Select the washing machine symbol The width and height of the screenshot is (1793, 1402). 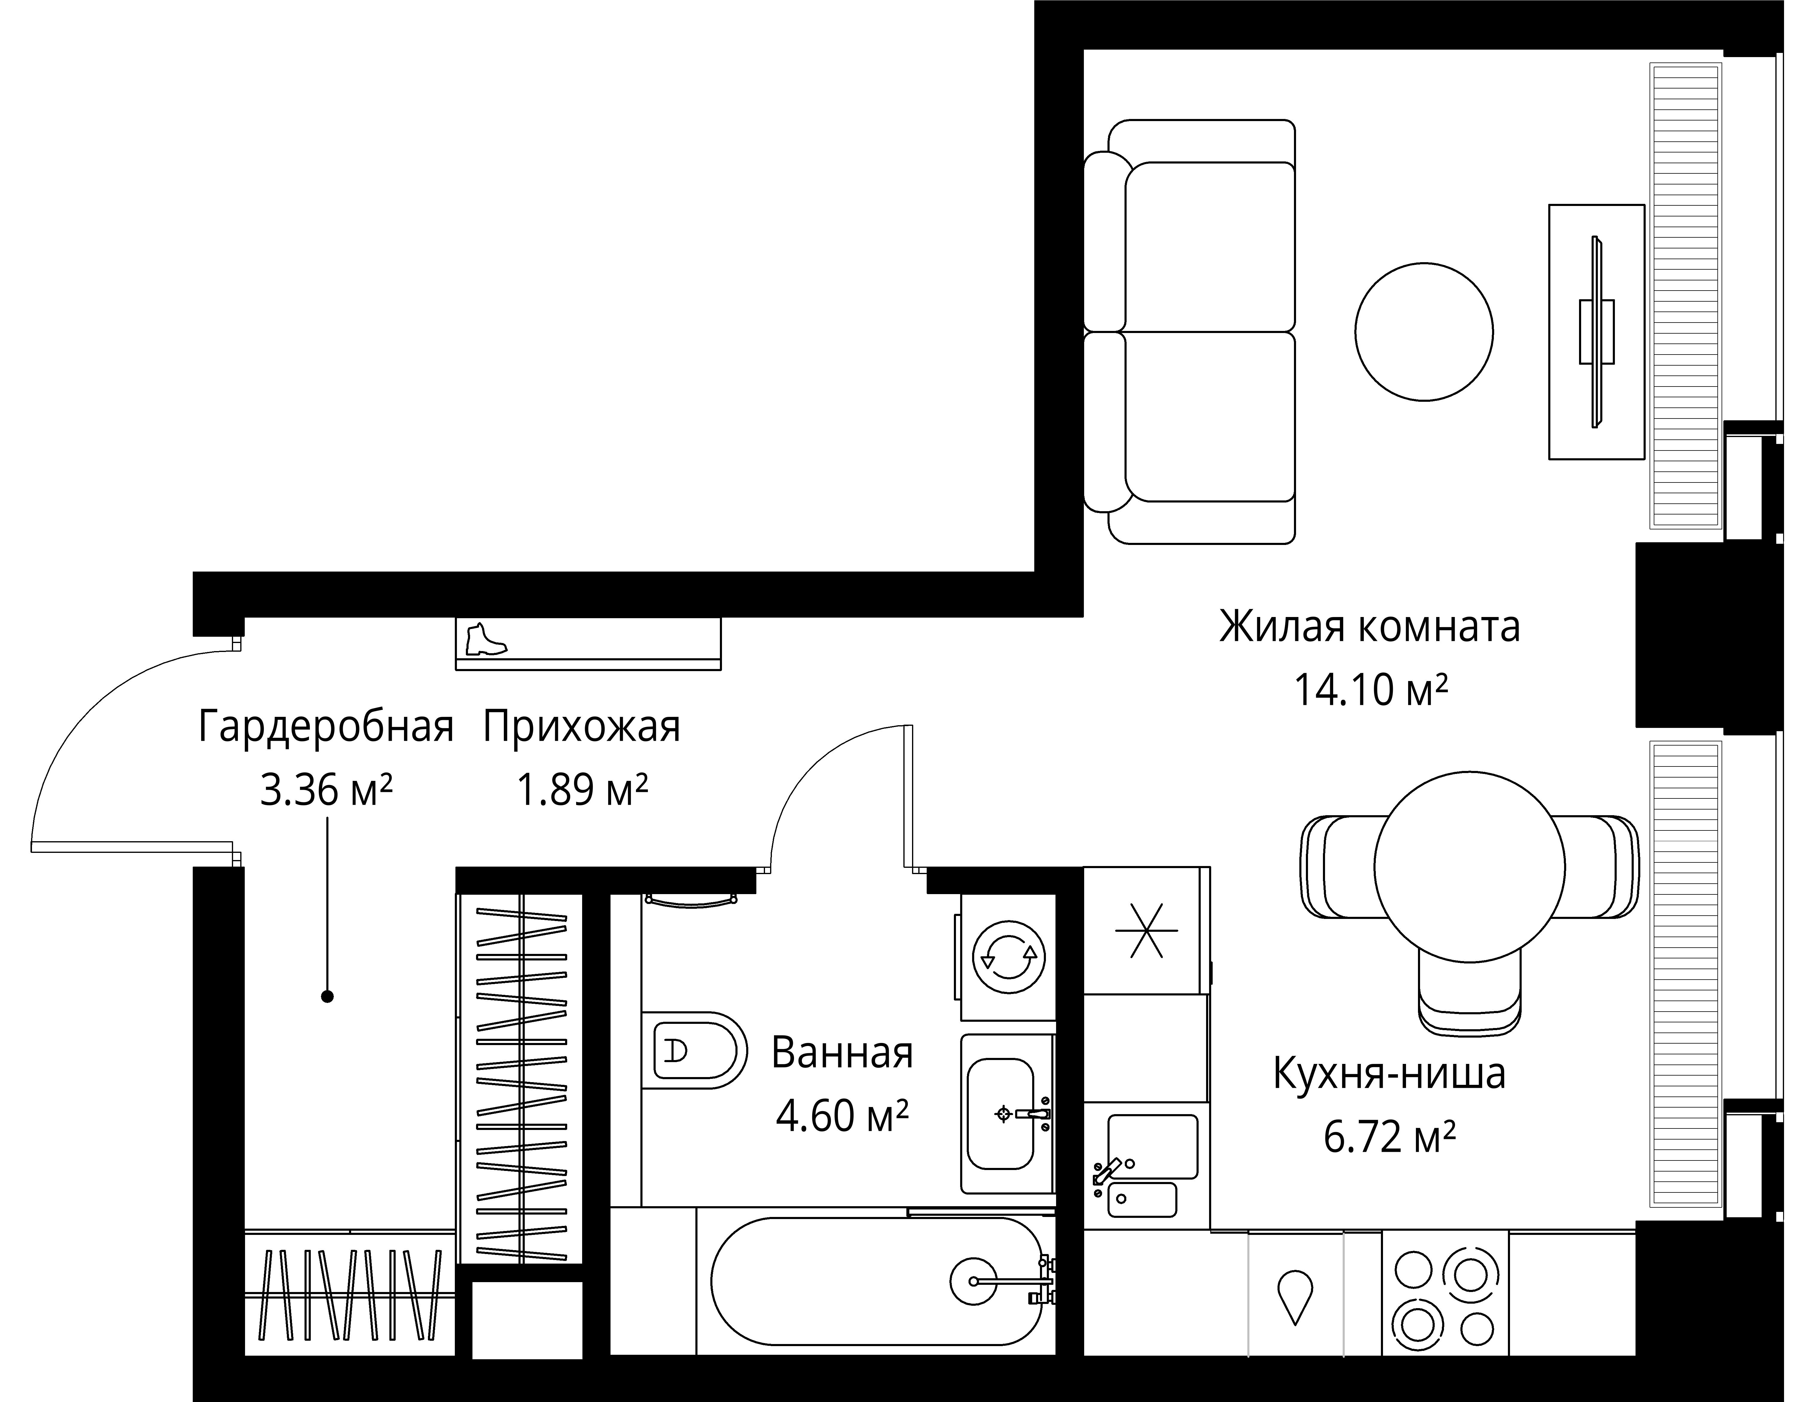(x=1009, y=955)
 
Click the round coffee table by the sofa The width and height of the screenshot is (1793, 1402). (x=1424, y=333)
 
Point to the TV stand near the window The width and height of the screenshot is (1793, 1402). (x=1596, y=332)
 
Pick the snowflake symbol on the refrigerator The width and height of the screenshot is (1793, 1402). (x=1146, y=931)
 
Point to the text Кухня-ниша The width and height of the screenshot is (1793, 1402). (x=1389, y=1073)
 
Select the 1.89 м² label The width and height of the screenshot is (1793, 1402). (x=582, y=790)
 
